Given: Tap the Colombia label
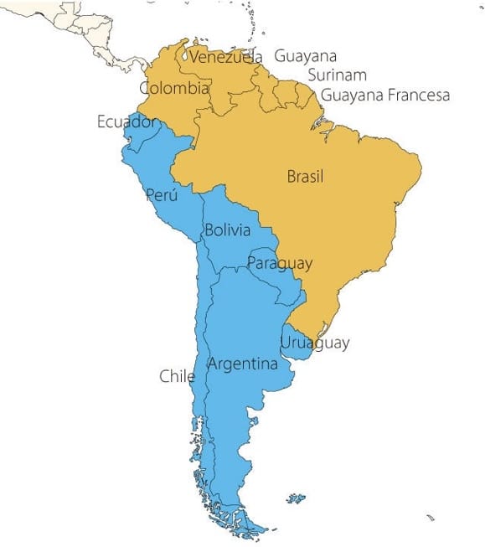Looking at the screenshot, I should (x=174, y=88).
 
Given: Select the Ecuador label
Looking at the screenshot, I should (x=126, y=122).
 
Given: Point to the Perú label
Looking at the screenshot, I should (x=162, y=194).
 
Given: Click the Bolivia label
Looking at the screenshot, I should (x=227, y=230).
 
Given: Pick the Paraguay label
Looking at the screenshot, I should (x=280, y=264).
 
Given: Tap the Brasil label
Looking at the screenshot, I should (x=305, y=177).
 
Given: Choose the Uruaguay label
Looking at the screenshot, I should (x=315, y=343).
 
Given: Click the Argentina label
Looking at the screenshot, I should (x=242, y=364).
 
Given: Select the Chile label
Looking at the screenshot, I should (x=177, y=376).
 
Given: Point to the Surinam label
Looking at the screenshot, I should (x=337, y=75).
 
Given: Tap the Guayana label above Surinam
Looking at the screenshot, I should (x=306, y=56).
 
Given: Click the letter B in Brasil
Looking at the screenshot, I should (x=291, y=177).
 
